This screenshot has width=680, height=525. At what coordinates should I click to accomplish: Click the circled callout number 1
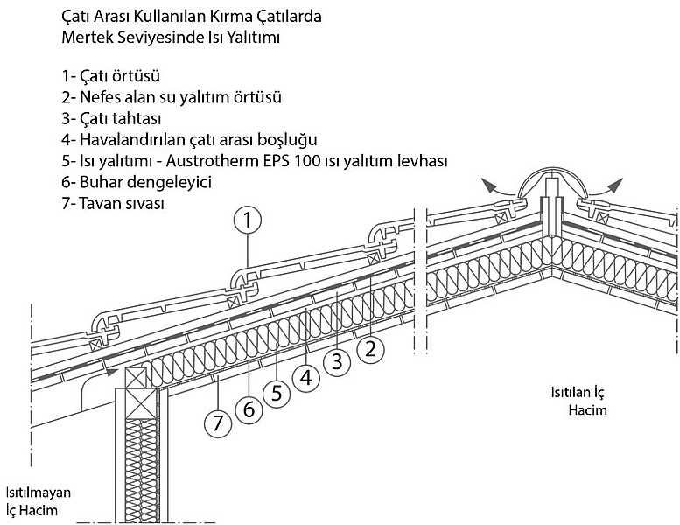point(247,220)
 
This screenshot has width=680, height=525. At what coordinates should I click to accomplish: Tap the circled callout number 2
point(370,349)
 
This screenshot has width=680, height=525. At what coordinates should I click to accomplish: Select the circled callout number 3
point(338,361)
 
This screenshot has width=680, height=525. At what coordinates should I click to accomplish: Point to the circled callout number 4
point(306,378)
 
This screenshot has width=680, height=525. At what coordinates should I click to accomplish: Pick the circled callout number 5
point(277,393)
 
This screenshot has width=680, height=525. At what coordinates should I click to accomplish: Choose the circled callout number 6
point(249,409)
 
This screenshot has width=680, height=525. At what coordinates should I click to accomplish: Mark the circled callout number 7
point(218,423)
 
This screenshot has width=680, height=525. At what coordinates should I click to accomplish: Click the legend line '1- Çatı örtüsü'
point(110,76)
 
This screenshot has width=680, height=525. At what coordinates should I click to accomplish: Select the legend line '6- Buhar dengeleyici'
point(137,182)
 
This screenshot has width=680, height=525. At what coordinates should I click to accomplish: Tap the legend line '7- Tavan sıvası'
point(113,203)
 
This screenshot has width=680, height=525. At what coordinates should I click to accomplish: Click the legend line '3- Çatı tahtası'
point(111,118)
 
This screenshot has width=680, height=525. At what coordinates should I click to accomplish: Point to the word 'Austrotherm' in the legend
point(213,161)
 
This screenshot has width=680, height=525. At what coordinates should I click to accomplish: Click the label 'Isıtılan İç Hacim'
point(580,401)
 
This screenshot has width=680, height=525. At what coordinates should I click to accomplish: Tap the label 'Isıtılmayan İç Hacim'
point(39,501)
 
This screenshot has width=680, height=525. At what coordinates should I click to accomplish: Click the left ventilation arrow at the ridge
point(499,188)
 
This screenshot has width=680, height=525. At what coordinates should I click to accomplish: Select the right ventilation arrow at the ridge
point(604,188)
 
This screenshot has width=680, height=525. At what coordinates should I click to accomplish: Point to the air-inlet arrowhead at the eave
point(112,372)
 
